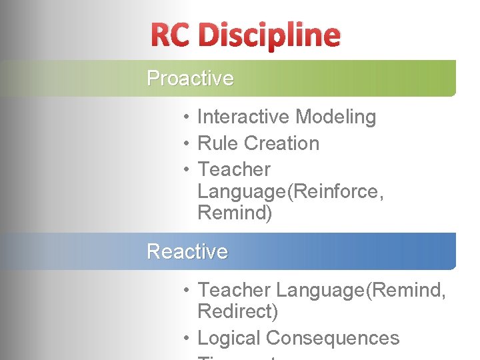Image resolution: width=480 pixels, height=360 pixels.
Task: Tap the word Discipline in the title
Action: pyautogui.click(x=269, y=35)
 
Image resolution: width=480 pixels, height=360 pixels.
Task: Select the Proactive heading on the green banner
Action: pyautogui.click(x=190, y=78)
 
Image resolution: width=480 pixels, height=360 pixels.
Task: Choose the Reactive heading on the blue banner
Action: pyautogui.click(x=187, y=251)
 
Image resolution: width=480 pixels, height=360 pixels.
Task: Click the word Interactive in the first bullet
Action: pyautogui.click(x=244, y=117)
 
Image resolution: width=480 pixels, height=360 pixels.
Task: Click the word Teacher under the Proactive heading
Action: pyautogui.click(x=234, y=169)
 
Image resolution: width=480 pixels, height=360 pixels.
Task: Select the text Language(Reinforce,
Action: pyautogui.click(x=291, y=192)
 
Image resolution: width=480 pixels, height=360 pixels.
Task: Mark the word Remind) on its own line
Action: pyautogui.click(x=235, y=213)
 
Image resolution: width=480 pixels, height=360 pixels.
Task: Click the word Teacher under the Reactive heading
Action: pyautogui.click(x=234, y=290)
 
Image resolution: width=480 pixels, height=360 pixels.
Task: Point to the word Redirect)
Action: pyautogui.click(x=238, y=311)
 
